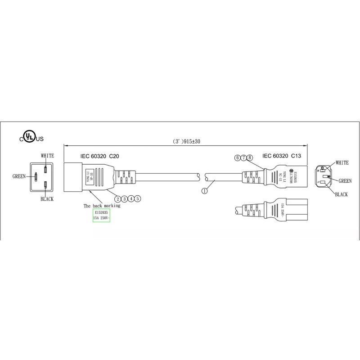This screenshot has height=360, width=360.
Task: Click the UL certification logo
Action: (x=30, y=137)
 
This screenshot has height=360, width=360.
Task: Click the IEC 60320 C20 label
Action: (x=100, y=157)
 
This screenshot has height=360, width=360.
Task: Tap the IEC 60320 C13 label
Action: (x=282, y=156)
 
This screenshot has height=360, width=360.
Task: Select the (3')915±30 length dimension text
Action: (x=186, y=141)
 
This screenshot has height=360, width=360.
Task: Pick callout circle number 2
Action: (x=117, y=198)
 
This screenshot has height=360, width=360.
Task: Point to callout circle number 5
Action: (x=138, y=198)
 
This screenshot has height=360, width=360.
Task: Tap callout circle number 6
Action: (x=237, y=157)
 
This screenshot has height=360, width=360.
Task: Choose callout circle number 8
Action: (x=250, y=157)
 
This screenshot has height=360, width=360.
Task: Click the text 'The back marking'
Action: (x=102, y=206)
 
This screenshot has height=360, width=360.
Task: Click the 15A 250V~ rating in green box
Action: (x=101, y=218)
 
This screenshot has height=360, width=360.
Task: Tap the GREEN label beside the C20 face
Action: (x=19, y=177)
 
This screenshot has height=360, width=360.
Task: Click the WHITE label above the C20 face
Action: (x=47, y=156)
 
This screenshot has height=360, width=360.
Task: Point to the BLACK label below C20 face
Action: (x=47, y=199)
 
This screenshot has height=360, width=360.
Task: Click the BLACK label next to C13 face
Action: (x=342, y=194)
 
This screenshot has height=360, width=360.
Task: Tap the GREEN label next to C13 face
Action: (x=345, y=180)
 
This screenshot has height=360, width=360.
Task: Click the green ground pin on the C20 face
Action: (x=36, y=177)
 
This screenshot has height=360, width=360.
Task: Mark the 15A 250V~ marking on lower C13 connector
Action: (x=282, y=210)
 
